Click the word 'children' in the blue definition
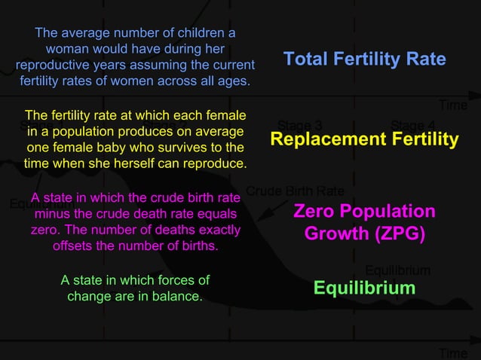[x=204, y=33]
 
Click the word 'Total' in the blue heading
[x=307, y=59]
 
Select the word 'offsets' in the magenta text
[x=74, y=246]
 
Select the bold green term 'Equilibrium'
[x=364, y=288]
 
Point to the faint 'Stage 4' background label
[x=412, y=125]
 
